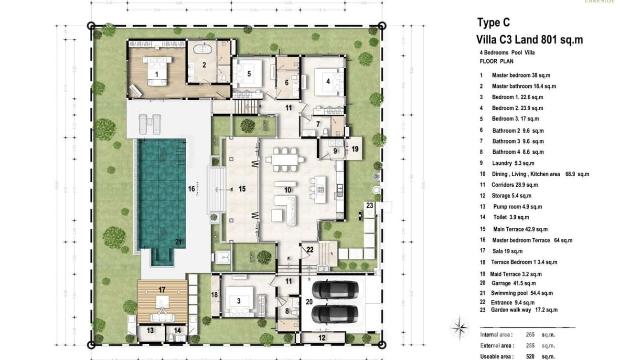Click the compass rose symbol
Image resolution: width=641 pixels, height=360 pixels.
tap(459, 327)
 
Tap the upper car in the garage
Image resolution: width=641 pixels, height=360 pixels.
tap(335, 289)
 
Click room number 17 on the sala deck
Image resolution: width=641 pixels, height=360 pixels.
tap(162, 289)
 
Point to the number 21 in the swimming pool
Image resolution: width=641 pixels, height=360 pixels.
tap(178, 242)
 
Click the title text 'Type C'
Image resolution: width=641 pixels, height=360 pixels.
tap(493, 22)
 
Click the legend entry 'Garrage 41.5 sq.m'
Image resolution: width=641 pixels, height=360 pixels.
tap(514, 283)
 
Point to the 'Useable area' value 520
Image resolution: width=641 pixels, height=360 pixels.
tap(530, 356)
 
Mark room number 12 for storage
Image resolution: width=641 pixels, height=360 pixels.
tap(321, 338)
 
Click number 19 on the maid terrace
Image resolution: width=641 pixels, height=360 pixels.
tap(355, 149)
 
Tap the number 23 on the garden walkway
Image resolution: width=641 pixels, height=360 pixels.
tap(370, 206)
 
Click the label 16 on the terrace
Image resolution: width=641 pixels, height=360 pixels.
tap(191, 189)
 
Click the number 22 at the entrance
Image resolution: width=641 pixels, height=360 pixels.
tap(310, 250)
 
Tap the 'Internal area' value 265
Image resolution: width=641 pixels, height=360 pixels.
tap(530, 335)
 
